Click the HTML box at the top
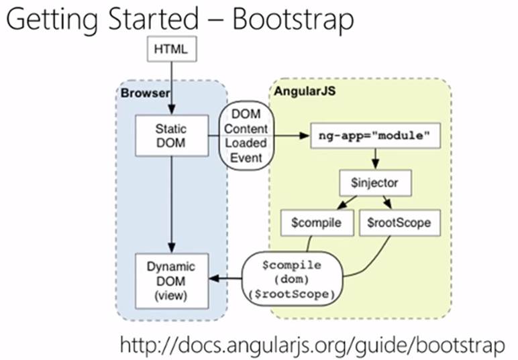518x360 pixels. [x=172, y=50]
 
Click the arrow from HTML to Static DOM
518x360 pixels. [x=172, y=87]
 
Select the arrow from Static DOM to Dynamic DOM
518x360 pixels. [x=172, y=201]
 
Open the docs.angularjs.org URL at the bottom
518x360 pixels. [x=311, y=345]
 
